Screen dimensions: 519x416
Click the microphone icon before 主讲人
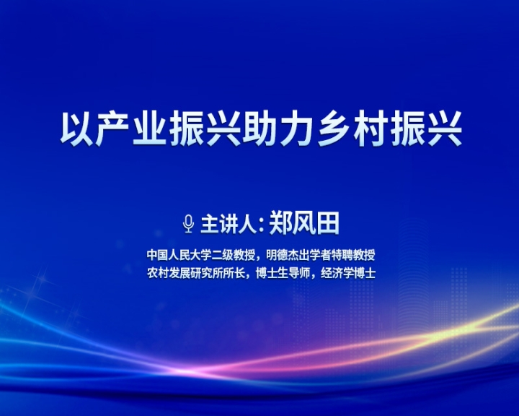pos(188,224)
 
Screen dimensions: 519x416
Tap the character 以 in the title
pos(76,129)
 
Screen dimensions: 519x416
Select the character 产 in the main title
pos(113,129)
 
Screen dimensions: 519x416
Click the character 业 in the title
pos(150,129)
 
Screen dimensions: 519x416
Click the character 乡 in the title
pos(334,129)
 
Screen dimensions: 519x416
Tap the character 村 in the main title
pos(371,129)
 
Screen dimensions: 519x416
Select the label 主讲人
pos(229,225)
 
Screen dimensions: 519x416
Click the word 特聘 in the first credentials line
pos(342,255)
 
